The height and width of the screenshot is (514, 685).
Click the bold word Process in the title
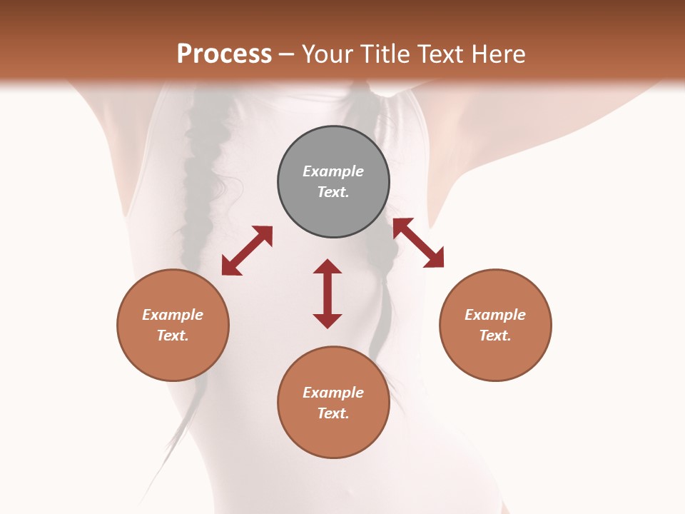[x=224, y=54]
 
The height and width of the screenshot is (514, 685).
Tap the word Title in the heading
[x=385, y=54]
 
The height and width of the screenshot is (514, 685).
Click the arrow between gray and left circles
[x=247, y=251]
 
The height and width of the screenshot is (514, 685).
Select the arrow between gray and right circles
[x=418, y=243]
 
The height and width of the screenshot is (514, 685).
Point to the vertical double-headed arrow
[x=328, y=293]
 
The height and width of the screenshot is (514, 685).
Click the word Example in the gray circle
[x=333, y=171]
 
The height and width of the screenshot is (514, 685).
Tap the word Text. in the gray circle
[x=333, y=192]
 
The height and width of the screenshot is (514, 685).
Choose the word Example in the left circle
[x=173, y=315]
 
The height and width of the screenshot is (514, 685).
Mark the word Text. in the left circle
[x=173, y=336]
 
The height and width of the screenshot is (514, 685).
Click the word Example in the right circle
[x=495, y=315]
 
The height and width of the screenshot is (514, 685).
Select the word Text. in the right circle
[x=495, y=336]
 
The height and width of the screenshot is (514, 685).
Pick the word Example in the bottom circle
[x=333, y=393]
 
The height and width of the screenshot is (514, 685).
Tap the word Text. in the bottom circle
[x=333, y=413]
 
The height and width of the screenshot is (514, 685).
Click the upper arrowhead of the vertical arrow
[x=328, y=267]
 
